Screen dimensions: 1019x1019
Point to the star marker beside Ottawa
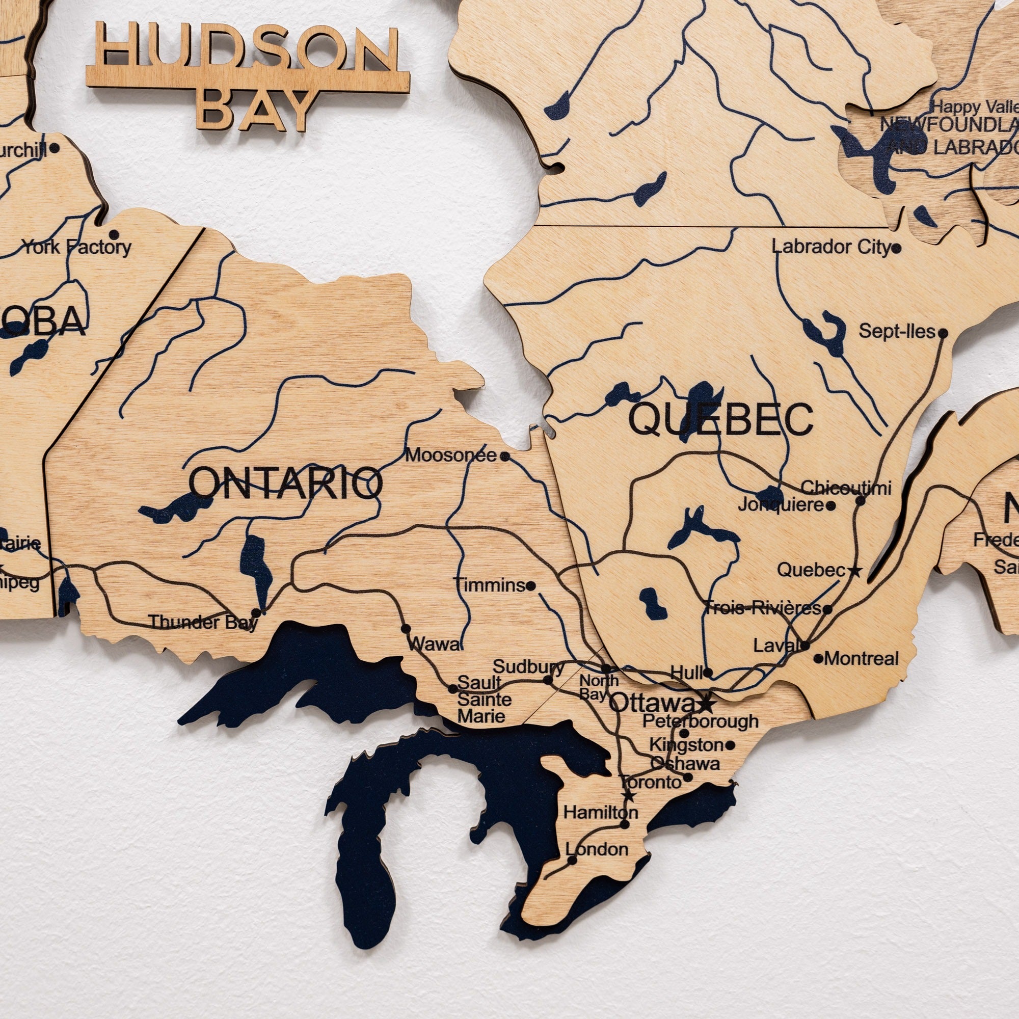pos(706,703)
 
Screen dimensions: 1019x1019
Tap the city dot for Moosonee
pos(505,456)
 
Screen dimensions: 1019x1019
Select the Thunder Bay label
pos(203,622)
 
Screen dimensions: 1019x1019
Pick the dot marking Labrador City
pos(897,248)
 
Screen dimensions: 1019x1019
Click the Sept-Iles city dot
pos(943,333)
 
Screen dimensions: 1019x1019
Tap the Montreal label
pos(861,658)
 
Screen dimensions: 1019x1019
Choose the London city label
pos(597,849)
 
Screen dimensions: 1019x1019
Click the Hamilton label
pos(600,812)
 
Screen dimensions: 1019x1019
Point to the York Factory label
pos(76,247)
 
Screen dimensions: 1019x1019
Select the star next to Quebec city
pos(855,571)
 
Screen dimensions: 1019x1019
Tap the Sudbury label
pos(528,666)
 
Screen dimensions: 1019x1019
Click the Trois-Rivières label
pos(763,608)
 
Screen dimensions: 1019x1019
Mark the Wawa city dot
pos(406,629)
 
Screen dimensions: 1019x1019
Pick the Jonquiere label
pos(781,505)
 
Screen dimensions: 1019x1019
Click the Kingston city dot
pos(730,745)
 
